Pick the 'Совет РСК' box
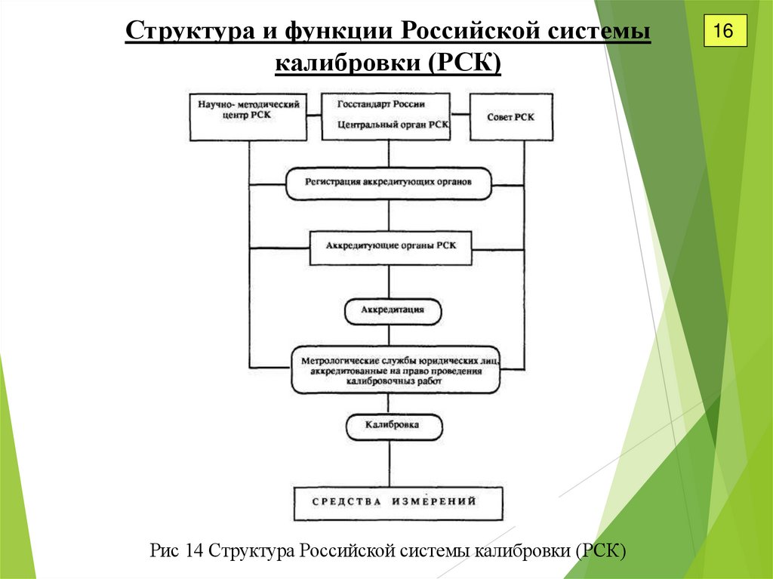(x=511, y=116)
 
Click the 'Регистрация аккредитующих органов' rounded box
(x=389, y=183)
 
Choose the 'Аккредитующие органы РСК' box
(x=390, y=247)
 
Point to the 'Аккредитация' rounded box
(x=393, y=310)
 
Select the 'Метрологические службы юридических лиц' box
(x=396, y=369)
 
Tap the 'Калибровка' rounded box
(x=393, y=427)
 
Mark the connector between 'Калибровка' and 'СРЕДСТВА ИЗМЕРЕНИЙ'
(x=390, y=464)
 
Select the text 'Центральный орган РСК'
(x=386, y=125)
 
